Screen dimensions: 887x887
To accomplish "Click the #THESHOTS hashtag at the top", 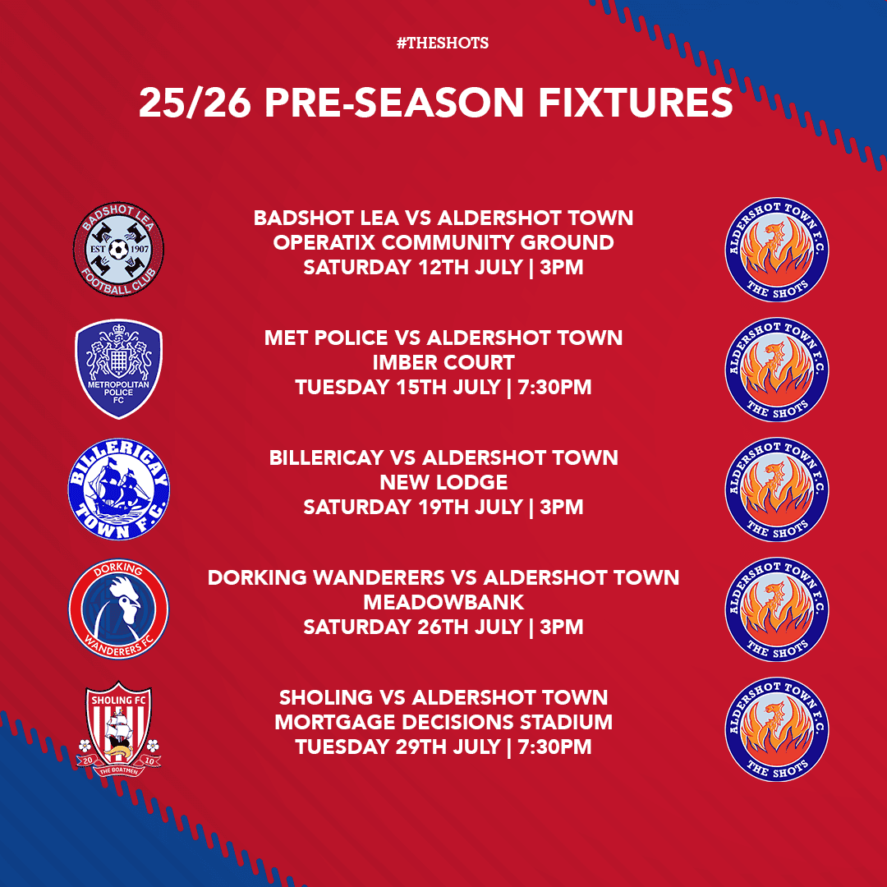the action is (x=443, y=43).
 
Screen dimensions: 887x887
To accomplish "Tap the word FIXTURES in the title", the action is (x=635, y=103).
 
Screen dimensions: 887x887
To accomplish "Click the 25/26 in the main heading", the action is (x=195, y=103).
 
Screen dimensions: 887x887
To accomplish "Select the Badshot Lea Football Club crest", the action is (x=118, y=249).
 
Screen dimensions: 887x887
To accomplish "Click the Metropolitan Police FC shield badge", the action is (x=119, y=369).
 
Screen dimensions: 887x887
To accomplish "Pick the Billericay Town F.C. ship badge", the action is (x=119, y=489).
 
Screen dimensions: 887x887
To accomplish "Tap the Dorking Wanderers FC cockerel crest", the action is (x=119, y=609).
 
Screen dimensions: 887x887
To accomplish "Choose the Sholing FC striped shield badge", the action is (x=119, y=728).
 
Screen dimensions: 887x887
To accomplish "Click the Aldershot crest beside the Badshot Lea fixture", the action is (x=777, y=249).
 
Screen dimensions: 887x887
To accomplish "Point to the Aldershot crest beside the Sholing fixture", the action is (x=777, y=728).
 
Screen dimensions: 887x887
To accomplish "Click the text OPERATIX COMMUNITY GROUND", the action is (x=443, y=242).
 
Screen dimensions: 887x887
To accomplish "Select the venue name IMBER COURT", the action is (x=443, y=362).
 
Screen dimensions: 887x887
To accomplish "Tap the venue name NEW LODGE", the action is (x=443, y=482).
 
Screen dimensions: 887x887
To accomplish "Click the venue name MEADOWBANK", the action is (x=443, y=602).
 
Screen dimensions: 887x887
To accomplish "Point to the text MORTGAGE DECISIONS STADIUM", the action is (x=443, y=722).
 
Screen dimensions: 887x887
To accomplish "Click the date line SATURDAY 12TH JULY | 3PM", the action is (x=443, y=267).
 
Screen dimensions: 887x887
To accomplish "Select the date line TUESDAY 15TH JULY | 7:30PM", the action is (x=443, y=387).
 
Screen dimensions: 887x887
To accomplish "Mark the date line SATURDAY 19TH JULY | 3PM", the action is (x=443, y=507).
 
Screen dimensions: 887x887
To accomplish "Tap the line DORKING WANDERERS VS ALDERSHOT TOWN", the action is (x=443, y=577).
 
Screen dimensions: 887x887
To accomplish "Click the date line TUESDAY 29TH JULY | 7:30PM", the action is (x=443, y=747).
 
